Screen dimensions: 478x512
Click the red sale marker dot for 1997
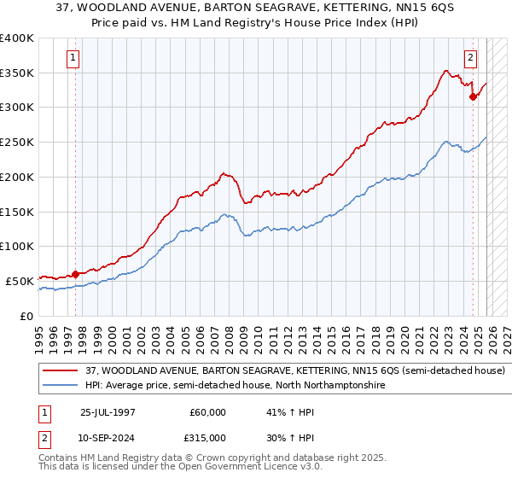tap(75, 274)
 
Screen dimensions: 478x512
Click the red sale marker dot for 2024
tap(473, 96)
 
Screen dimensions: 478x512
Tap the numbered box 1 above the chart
tap(73, 58)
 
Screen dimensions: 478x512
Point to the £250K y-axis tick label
tap(16, 143)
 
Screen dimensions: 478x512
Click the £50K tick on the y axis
tap(19, 281)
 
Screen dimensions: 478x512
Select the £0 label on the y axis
tap(27, 316)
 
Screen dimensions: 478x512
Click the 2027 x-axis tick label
tap(507, 333)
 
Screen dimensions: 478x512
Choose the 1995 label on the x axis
tap(39, 333)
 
